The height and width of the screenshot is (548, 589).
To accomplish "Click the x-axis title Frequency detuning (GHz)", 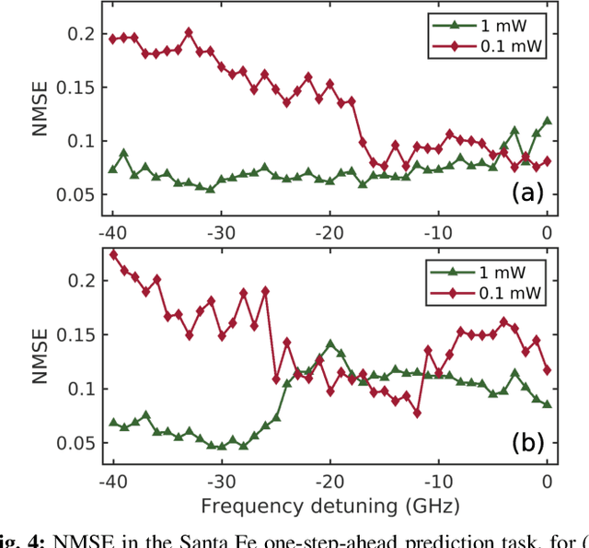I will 330,505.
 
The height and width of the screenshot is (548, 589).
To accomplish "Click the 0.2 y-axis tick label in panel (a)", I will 79,34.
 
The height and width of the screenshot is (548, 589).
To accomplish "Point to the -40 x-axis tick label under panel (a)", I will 112,231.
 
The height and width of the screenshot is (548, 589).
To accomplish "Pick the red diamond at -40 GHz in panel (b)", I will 113,255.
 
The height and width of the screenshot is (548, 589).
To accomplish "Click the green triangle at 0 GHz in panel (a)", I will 548,121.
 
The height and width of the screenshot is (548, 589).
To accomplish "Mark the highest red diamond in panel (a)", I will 188,32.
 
